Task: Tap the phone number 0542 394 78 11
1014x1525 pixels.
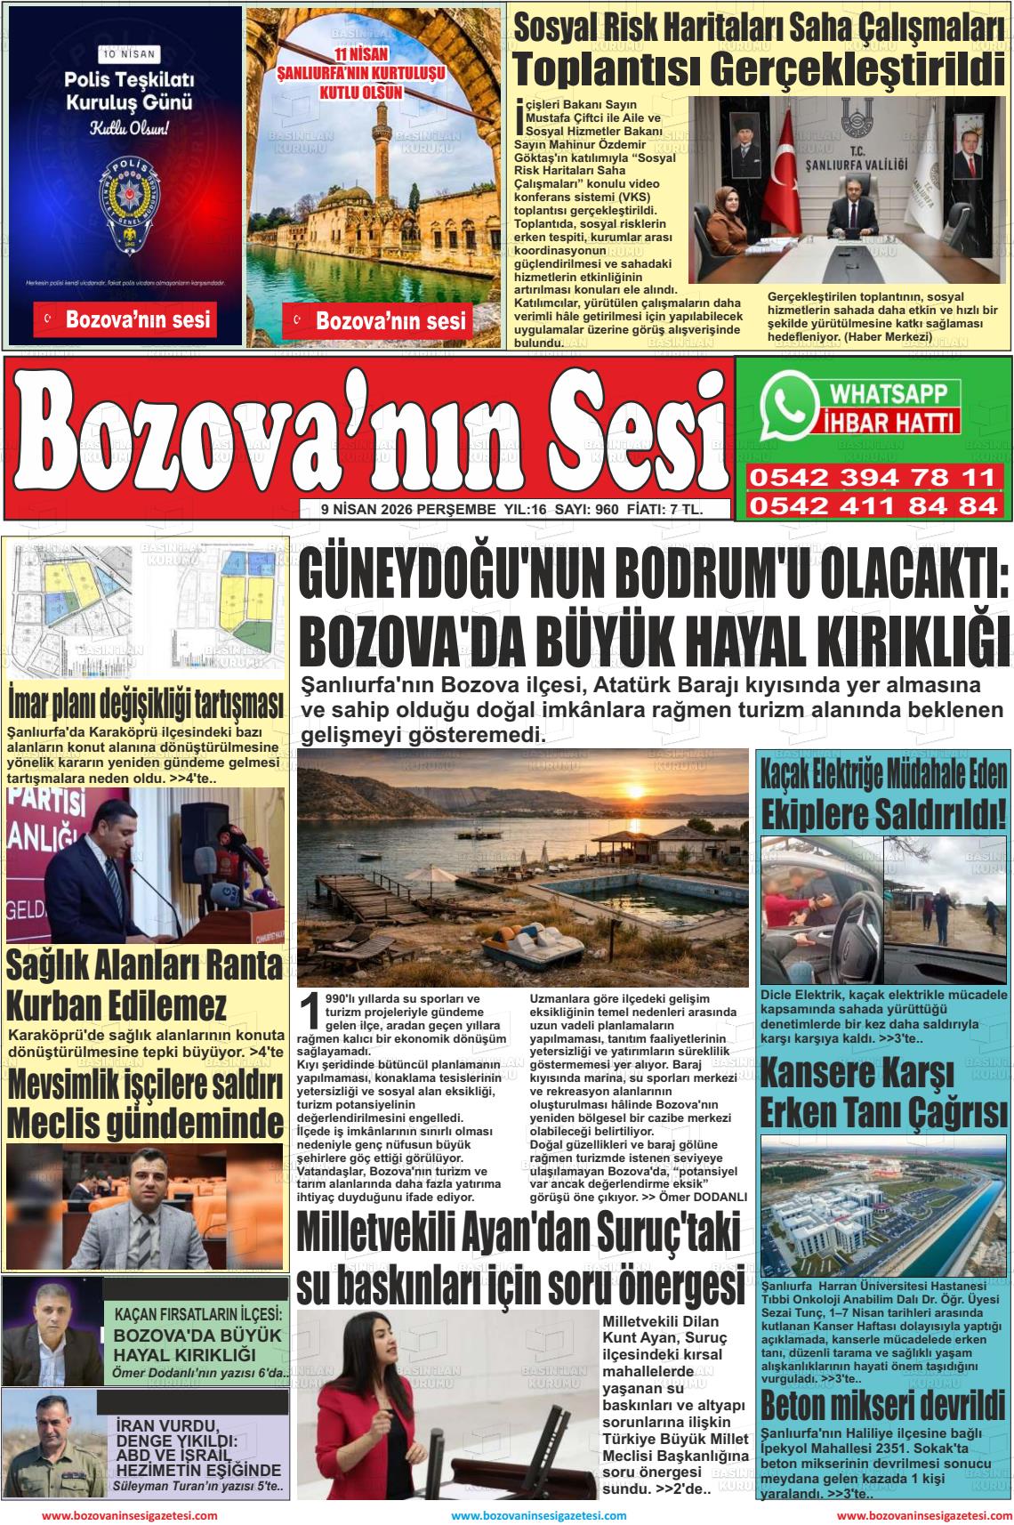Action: pos(873,479)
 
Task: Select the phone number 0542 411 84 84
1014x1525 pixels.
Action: pos(873,505)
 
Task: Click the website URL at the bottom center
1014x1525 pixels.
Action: pos(538,1515)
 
